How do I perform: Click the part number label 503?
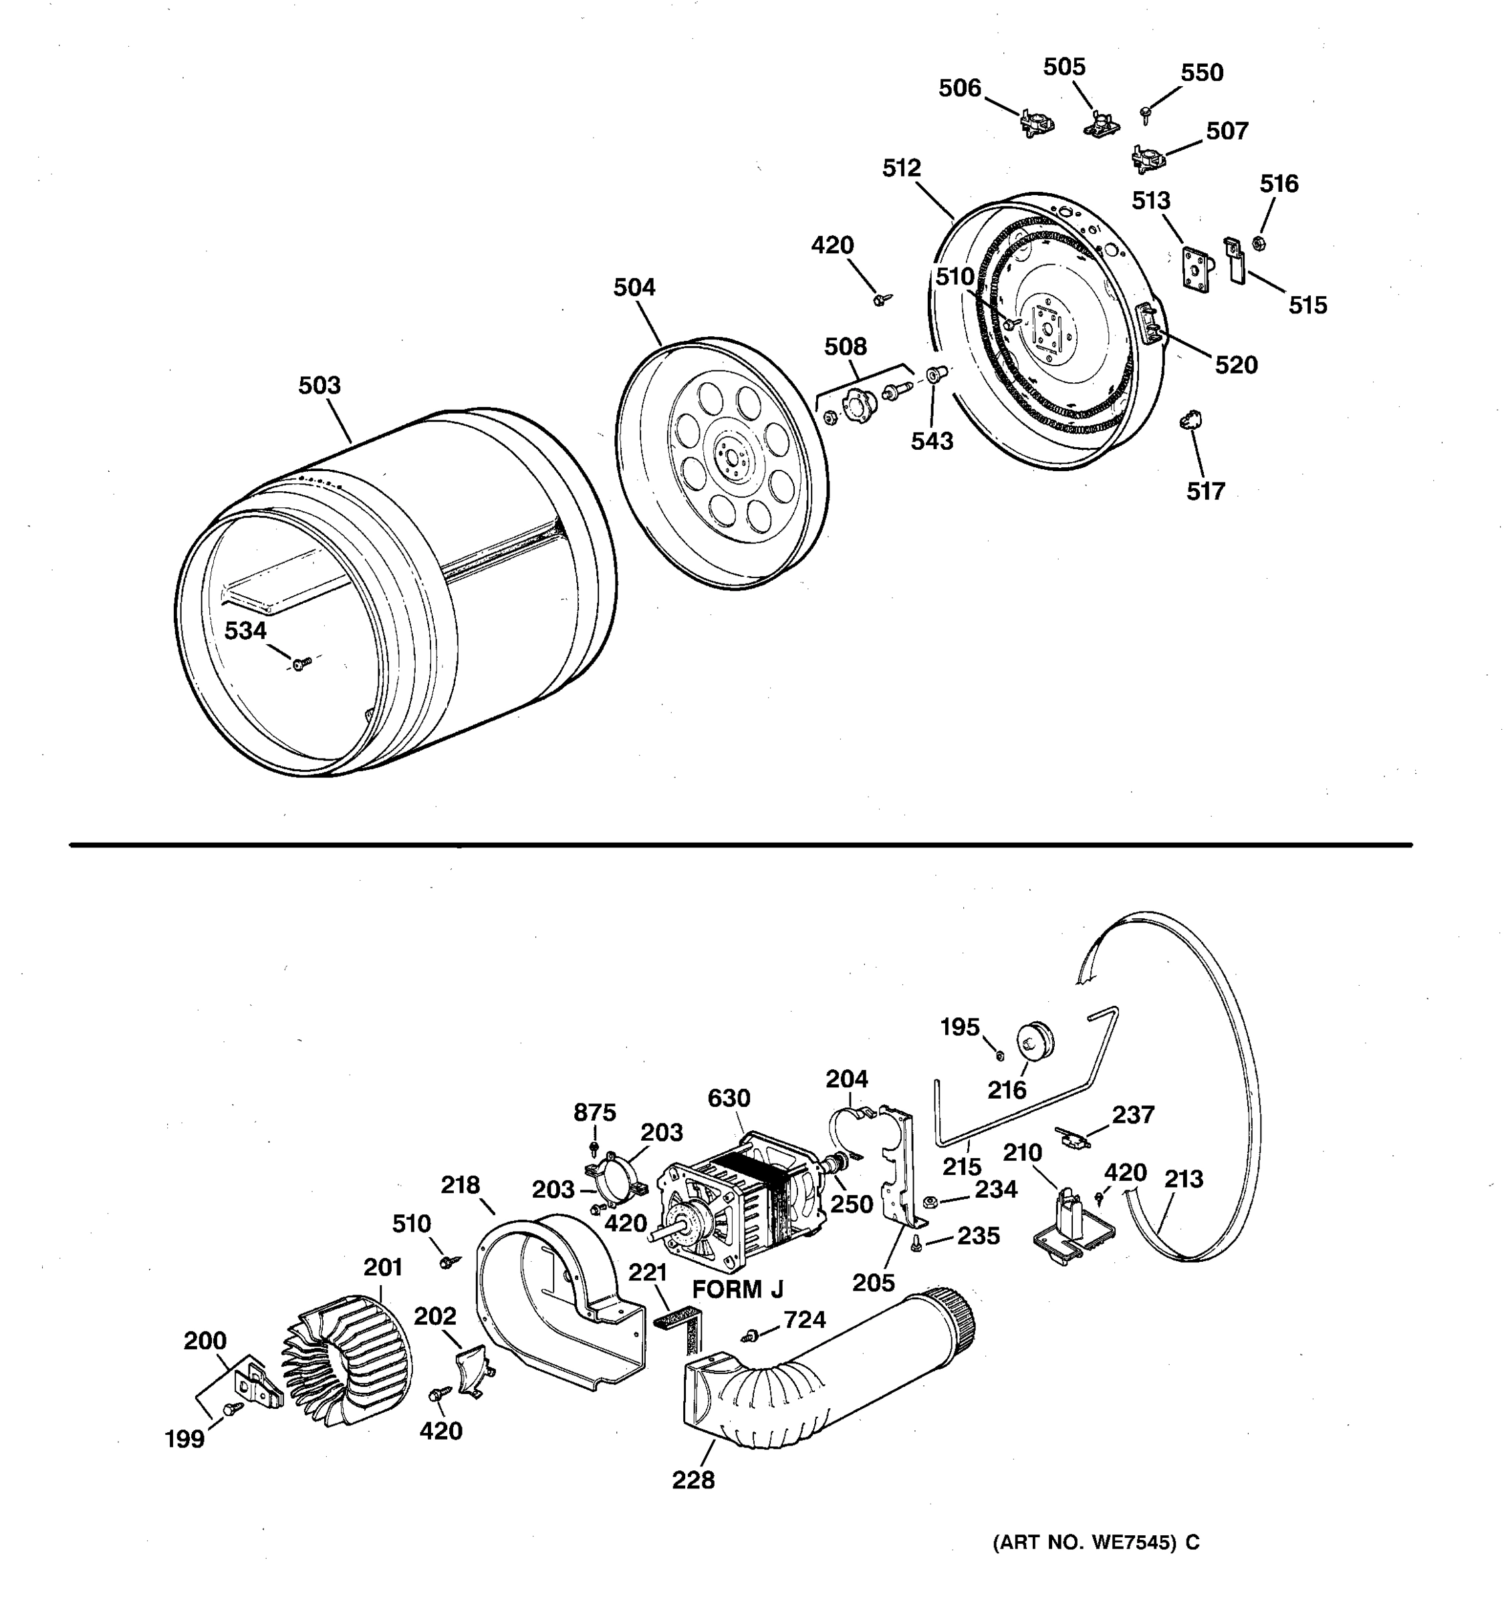point(320,386)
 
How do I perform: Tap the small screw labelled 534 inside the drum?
point(300,663)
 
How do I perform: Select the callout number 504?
point(634,287)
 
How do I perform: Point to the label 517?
point(1205,491)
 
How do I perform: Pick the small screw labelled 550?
point(1144,113)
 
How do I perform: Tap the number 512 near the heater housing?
point(901,168)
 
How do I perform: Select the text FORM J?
point(737,1289)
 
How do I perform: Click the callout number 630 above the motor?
point(729,1098)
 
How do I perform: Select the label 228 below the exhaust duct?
point(693,1480)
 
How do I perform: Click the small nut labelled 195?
point(999,1055)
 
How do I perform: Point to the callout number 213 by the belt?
point(1184,1179)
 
